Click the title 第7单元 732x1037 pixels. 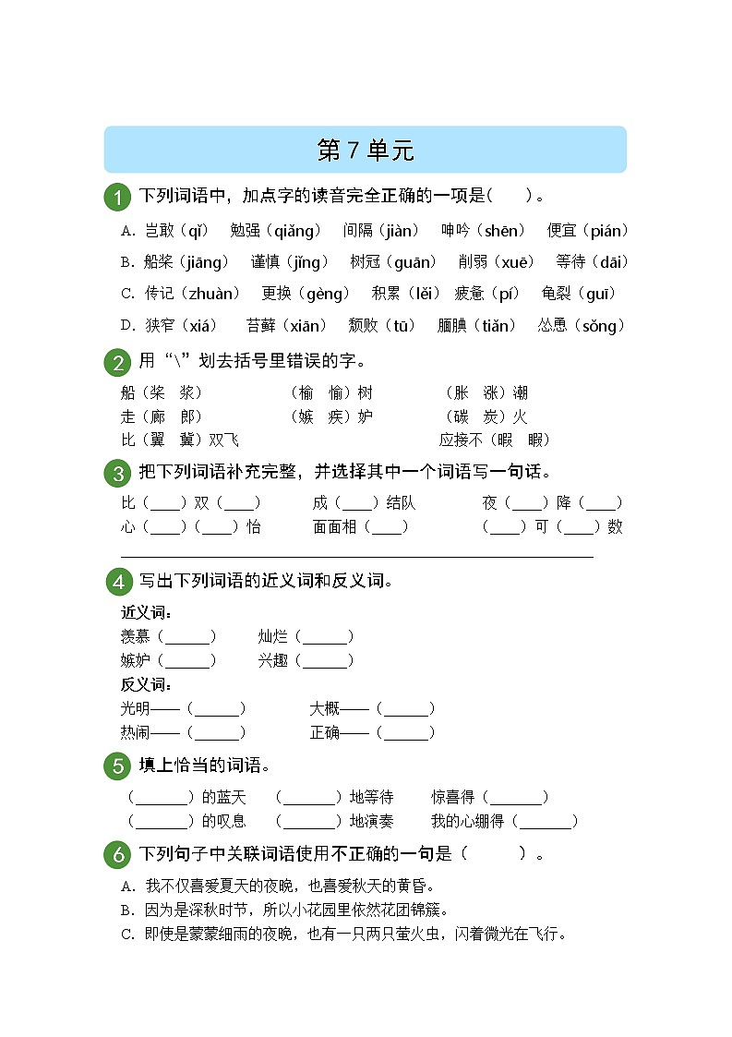pos(366,151)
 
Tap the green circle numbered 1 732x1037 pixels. pos(116,197)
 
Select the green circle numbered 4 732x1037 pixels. pos(116,582)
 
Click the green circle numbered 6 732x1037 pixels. pos(116,855)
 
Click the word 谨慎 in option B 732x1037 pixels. pos(266,262)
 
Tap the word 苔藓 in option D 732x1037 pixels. pos(261,325)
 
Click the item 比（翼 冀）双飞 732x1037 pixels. pos(179,440)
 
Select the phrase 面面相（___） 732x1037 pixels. pos(360,527)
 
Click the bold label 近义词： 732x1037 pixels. pos(147,612)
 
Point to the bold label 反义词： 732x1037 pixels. pos(147,684)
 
